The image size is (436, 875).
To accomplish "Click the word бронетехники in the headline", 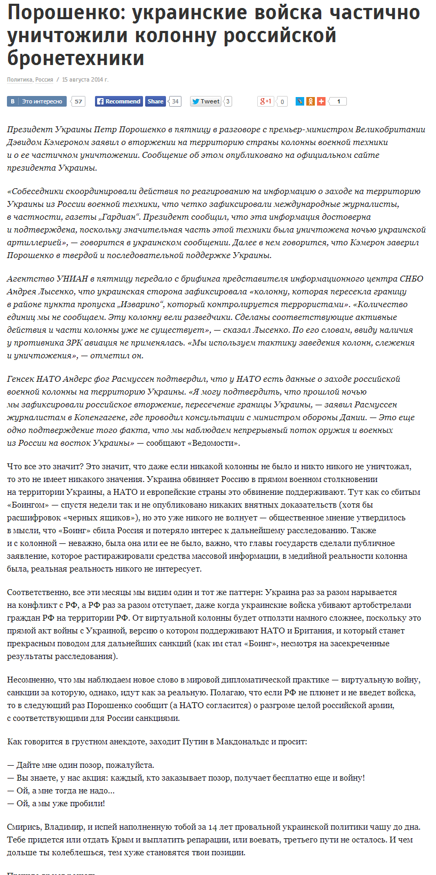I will (76, 58).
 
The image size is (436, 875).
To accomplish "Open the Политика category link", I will (20, 79).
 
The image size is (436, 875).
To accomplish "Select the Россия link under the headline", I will (44, 79).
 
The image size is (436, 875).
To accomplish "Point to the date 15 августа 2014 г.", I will (85, 79).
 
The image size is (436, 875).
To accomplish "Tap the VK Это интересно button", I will (37, 101).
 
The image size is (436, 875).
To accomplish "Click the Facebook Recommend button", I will (118, 101).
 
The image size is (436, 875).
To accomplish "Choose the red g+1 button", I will (266, 101).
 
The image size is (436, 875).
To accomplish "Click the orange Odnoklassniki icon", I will (311, 101).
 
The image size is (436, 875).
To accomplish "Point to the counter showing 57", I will (78, 101).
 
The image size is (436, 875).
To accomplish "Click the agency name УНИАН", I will (67, 278).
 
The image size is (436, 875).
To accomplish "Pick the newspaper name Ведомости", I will (217, 443).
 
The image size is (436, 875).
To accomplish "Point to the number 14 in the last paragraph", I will (213, 826).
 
